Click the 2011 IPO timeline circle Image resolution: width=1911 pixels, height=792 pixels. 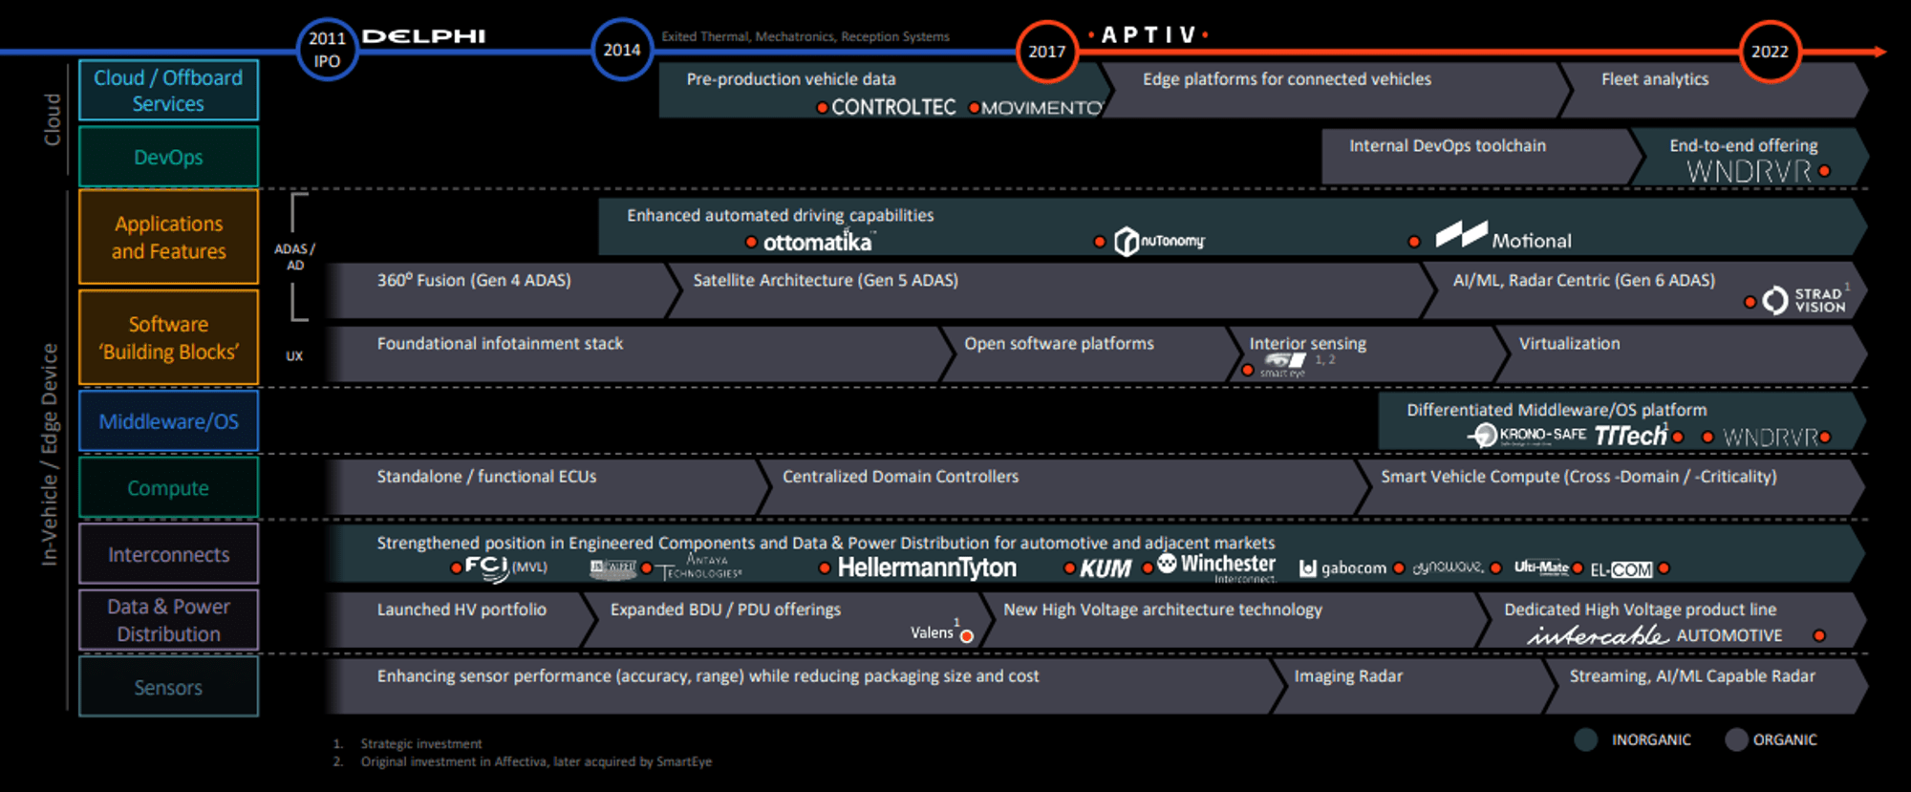[x=327, y=50]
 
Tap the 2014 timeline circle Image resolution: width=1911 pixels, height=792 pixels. [x=622, y=50]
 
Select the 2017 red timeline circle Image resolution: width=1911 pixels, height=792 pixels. [x=1046, y=52]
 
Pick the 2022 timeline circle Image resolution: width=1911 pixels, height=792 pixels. [x=1770, y=52]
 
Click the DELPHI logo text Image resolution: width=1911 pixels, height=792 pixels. [x=423, y=36]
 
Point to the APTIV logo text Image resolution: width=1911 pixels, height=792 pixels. [x=1149, y=35]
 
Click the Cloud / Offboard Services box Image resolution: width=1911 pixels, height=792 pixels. [x=168, y=91]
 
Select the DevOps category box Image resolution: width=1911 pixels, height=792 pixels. [x=168, y=157]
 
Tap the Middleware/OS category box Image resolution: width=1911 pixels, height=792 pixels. [x=168, y=421]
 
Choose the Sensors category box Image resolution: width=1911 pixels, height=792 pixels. [x=168, y=687]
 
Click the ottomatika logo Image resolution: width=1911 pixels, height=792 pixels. [x=817, y=243]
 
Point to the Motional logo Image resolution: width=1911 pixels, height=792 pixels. [x=1504, y=237]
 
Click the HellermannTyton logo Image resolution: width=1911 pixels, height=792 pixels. [x=927, y=567]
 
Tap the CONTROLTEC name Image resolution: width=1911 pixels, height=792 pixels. [x=893, y=108]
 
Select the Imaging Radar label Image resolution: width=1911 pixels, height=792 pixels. [x=1348, y=676]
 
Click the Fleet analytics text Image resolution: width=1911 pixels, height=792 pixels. [x=1655, y=79]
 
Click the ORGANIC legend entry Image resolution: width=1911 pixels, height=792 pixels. [x=1772, y=739]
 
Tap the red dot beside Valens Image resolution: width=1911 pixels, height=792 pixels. [x=967, y=636]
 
